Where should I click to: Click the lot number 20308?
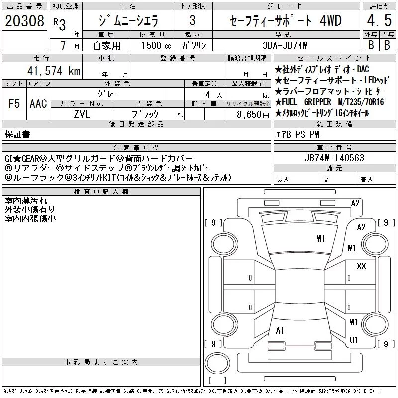tap(24, 21)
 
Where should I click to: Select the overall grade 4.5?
tap(379, 20)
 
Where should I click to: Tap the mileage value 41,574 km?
tap(54, 71)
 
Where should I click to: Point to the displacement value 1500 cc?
tap(156, 45)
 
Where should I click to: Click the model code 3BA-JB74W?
tap(285, 45)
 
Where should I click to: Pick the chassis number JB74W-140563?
tap(334, 158)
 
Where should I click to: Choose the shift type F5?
tap(14, 103)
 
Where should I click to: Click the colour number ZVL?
tap(82, 114)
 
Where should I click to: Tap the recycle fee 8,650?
tap(249, 115)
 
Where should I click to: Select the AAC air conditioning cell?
tap(38, 103)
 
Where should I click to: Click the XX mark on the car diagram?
tap(361, 266)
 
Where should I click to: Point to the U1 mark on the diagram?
tap(354, 340)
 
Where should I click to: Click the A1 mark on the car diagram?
tap(280, 331)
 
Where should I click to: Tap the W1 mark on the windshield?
tap(321, 238)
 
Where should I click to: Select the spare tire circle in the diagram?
tap(217, 363)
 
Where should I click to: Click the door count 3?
tap(193, 20)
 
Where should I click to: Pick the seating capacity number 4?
tap(207, 95)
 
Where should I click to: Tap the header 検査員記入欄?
tap(101, 192)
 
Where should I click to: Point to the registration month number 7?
tap(64, 45)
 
